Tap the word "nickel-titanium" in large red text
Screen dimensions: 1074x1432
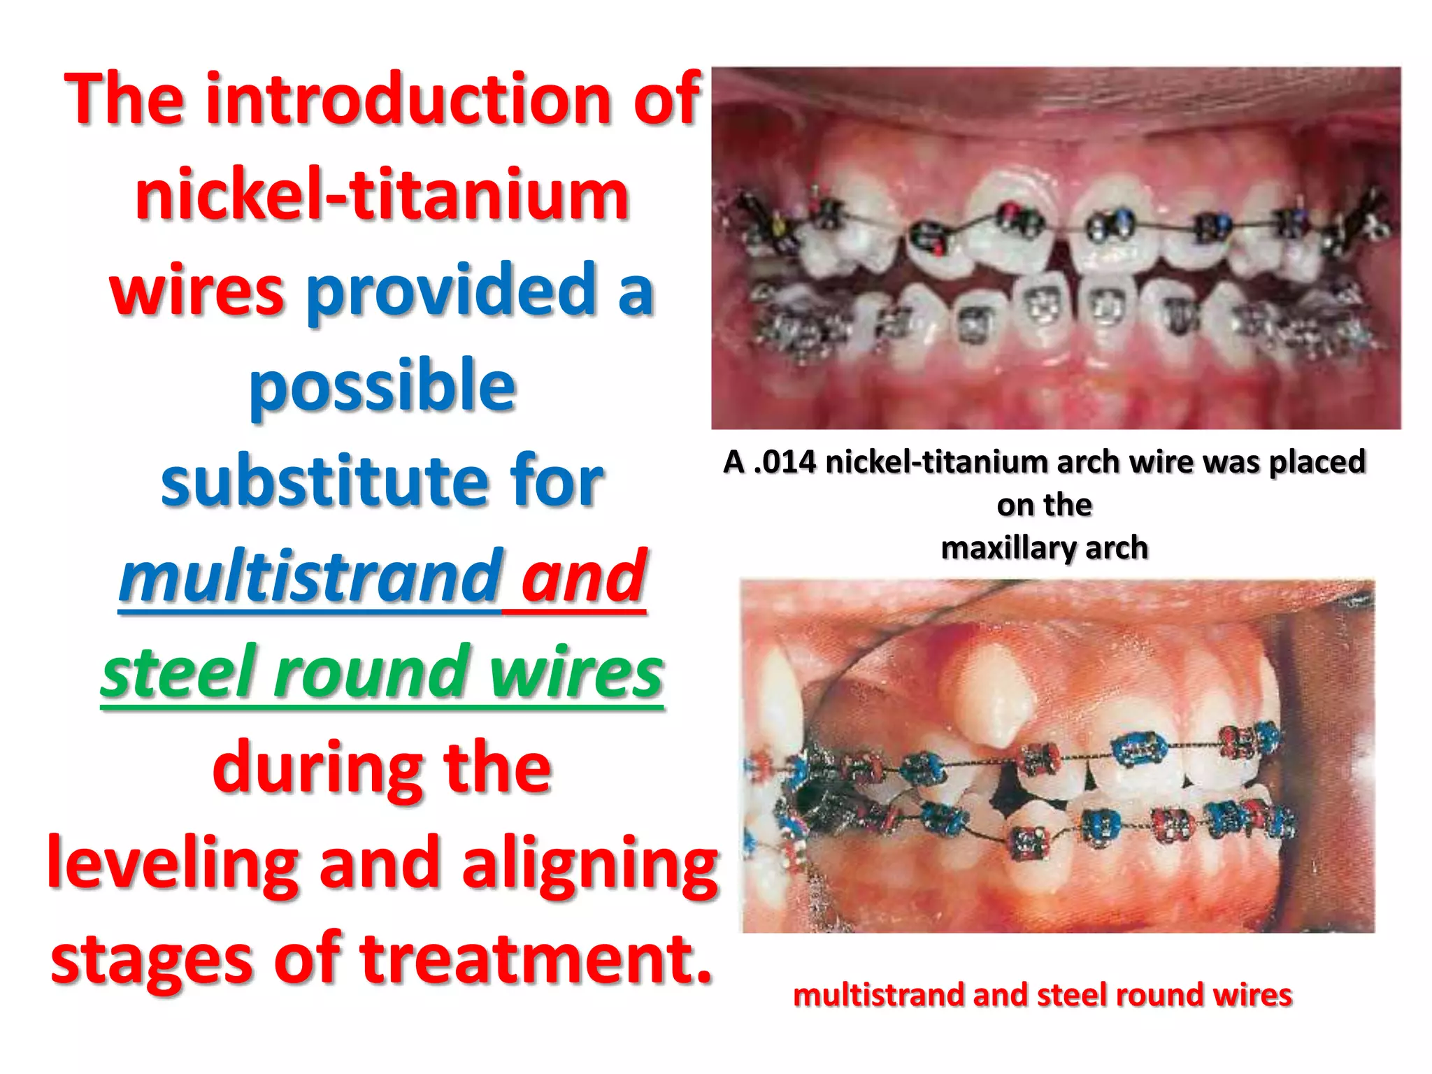click(382, 195)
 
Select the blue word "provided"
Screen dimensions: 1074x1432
click(451, 290)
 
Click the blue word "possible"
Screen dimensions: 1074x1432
click(382, 387)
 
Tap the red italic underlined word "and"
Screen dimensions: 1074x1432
click(583, 577)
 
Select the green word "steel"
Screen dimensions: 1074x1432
click(178, 672)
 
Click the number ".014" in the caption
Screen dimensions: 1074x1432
click(785, 462)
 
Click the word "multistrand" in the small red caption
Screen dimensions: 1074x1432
click(879, 995)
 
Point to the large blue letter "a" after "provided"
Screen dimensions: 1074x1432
click(636, 290)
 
